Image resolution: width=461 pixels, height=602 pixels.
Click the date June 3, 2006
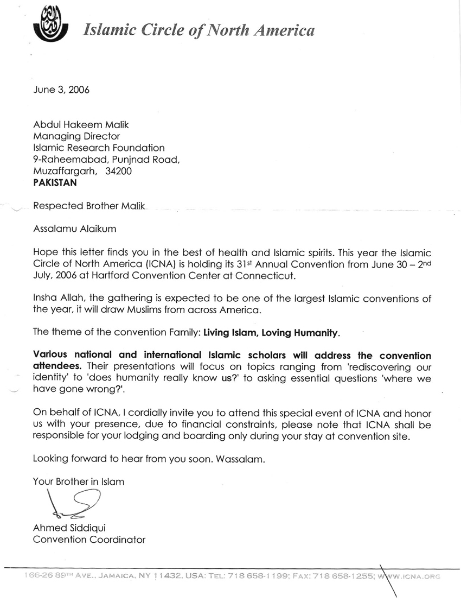tap(61, 90)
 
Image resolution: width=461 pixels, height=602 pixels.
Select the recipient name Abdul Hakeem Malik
tap(81, 124)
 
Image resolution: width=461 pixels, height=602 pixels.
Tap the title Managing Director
tap(76, 136)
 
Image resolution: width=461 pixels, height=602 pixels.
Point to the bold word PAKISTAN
tap(55, 182)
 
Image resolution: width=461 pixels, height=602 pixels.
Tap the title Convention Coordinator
tap(89, 540)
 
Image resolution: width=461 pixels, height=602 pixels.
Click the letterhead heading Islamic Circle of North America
tap(199, 30)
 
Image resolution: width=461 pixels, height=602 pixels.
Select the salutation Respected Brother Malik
tap(89, 206)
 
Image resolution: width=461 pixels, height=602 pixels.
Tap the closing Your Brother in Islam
tap(79, 481)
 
